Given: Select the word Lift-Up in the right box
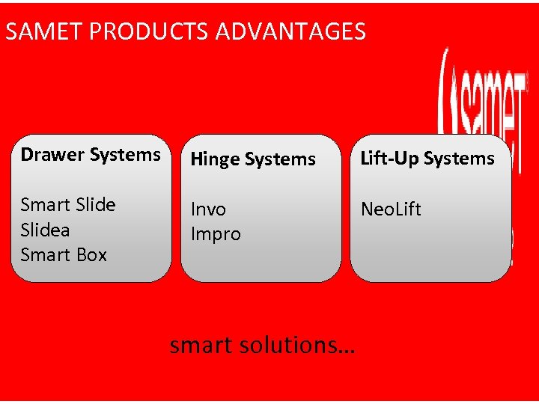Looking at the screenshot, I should pos(389,159).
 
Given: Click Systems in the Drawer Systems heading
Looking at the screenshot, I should pos(125,155).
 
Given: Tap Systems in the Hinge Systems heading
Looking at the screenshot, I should pos(281,159).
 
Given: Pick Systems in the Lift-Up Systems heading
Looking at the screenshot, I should pos(459,159).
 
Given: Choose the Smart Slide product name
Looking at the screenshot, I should pos(68,205).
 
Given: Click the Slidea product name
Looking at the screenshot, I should pos(45,230).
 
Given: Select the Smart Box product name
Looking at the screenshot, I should pos(64,255).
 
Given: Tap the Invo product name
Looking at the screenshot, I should pos(208,209).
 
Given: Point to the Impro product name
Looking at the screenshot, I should pos(216,234).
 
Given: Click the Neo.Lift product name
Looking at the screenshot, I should pos(391,209).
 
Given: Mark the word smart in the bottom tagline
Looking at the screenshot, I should pos(201,346).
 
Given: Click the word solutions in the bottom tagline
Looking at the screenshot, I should pos(296,346).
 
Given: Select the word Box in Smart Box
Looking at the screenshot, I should pos(92,255).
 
